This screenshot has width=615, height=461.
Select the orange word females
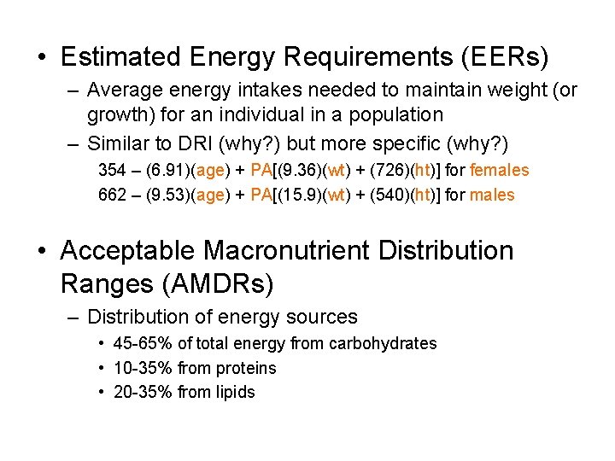click(500, 171)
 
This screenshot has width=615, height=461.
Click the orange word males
click(493, 195)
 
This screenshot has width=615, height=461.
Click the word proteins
click(246, 369)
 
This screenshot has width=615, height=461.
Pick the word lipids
click(236, 393)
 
